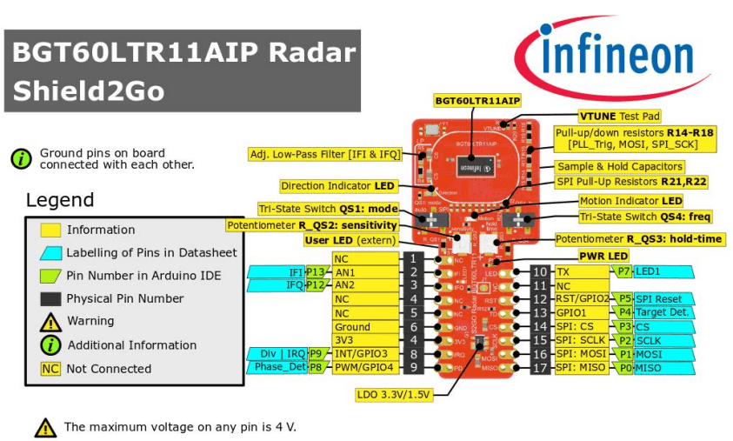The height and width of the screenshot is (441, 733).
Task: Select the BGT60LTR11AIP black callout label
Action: click(x=477, y=101)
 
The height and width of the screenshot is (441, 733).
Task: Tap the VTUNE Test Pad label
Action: click(x=619, y=116)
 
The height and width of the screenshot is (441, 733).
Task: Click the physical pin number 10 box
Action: click(x=540, y=271)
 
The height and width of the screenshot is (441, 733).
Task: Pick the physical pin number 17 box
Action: click(x=540, y=368)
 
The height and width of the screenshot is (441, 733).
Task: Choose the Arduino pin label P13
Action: click(x=315, y=272)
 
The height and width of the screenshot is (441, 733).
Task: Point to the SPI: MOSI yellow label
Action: click(x=582, y=355)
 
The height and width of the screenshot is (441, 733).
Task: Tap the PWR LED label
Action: click(x=603, y=256)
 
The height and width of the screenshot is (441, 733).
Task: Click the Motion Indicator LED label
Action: click(x=630, y=201)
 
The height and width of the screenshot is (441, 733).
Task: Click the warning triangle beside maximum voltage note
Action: click(x=45, y=427)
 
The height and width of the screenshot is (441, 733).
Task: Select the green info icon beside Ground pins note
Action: click(x=21, y=158)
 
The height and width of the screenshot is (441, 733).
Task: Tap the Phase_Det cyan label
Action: click(x=280, y=368)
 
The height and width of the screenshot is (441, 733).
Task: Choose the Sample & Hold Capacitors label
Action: click(x=619, y=166)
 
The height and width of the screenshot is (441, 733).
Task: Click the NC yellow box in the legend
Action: click(x=50, y=369)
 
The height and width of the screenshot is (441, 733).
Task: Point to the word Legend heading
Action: click(x=59, y=200)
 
